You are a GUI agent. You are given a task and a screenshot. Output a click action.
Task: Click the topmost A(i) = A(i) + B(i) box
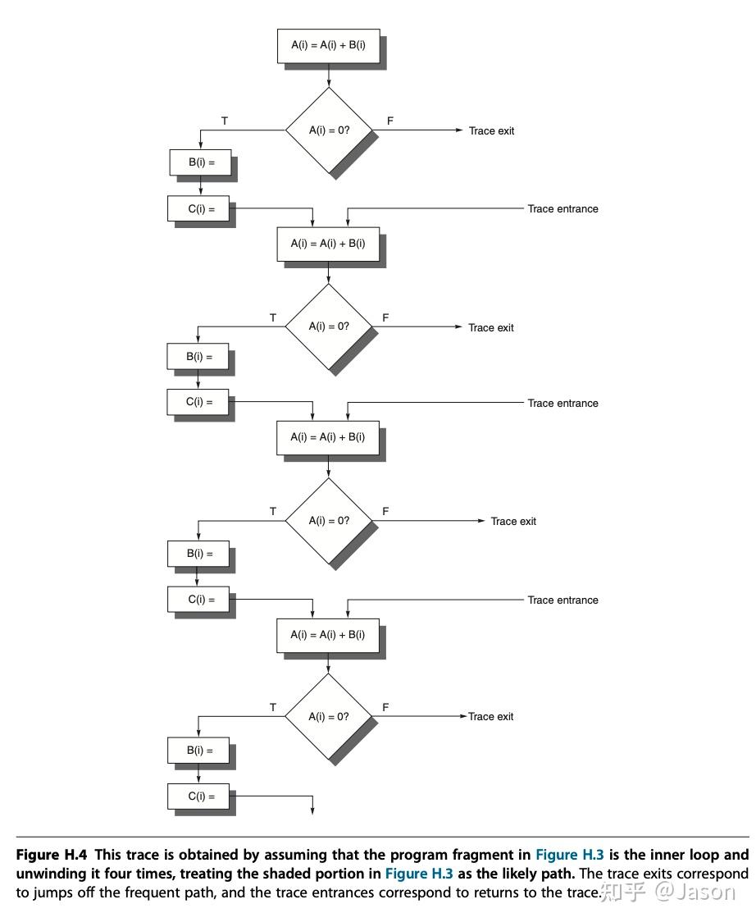point(328,46)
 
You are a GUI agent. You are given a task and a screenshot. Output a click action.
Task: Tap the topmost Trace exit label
point(491,131)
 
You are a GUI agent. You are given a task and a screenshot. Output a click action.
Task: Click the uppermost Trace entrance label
point(562,209)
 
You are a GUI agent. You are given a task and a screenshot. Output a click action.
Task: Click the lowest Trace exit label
point(491,717)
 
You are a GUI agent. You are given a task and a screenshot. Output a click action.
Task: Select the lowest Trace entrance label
point(562,600)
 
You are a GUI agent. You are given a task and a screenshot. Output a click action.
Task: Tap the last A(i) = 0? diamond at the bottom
point(328,716)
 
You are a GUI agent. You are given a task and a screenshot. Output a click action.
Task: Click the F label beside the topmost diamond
point(390,121)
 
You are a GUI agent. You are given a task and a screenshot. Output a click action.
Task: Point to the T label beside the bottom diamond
point(273,707)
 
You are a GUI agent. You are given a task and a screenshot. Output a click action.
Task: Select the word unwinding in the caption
point(50,874)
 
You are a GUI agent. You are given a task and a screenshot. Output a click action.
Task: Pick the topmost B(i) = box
point(200,162)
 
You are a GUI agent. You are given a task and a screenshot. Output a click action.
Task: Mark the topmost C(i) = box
point(200,209)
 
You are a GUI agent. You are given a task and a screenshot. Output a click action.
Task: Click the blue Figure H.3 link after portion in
point(419,874)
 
